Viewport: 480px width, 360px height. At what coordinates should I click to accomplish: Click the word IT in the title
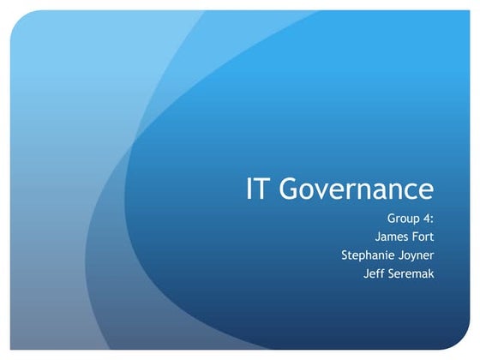coord(260,189)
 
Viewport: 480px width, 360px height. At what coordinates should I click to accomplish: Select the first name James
coord(395,237)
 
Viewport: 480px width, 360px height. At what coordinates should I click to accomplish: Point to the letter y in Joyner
coord(415,256)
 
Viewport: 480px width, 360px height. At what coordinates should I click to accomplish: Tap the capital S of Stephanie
coord(345,255)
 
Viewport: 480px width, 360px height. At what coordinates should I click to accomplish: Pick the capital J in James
coord(378,237)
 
